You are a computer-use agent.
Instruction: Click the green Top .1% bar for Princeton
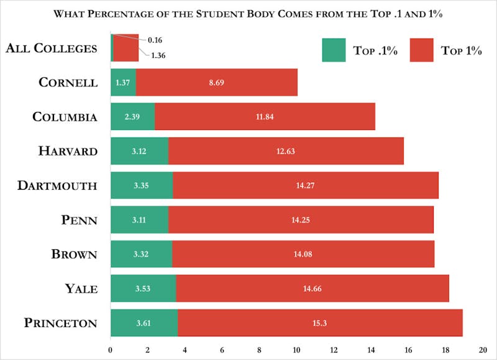click(144, 323)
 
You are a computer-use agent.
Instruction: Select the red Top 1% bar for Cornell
click(216, 82)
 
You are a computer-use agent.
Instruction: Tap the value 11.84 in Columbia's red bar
click(265, 116)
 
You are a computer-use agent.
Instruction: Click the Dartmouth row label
click(57, 185)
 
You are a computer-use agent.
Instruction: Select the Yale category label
click(81, 288)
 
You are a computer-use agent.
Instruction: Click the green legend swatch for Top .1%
click(333, 50)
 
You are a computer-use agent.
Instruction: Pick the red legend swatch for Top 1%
click(421, 50)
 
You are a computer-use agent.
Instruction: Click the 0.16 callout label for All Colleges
click(155, 40)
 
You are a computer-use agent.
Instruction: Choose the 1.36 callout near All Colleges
click(158, 55)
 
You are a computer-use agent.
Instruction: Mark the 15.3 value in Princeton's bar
click(320, 323)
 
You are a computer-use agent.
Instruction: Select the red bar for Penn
click(301, 219)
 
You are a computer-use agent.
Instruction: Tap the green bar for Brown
click(141, 254)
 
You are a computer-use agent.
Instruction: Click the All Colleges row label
click(52, 48)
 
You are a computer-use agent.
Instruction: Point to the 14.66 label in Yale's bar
click(312, 288)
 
